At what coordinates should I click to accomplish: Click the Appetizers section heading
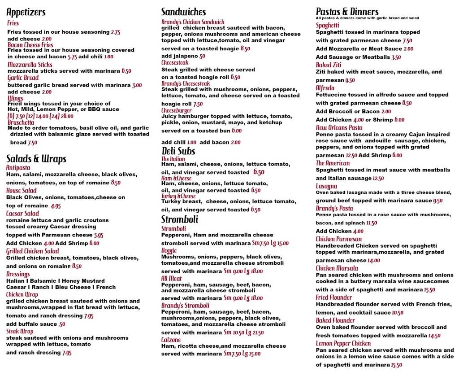click(26, 12)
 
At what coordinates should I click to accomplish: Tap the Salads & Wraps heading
click(36, 159)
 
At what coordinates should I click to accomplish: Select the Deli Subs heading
click(178, 151)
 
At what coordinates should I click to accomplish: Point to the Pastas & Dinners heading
click(347, 12)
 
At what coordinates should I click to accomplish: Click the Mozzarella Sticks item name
click(30, 65)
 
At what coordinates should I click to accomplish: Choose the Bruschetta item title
click(21, 122)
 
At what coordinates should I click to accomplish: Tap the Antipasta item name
click(18, 168)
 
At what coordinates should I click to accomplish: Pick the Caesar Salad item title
click(22, 214)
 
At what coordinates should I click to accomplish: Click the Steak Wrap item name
click(19, 331)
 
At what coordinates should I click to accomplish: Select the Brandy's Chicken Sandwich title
click(193, 22)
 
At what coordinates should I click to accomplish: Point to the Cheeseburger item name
click(177, 110)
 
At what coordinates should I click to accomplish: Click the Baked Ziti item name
click(329, 65)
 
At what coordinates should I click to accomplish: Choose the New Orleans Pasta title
click(339, 127)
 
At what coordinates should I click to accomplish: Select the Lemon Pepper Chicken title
click(343, 344)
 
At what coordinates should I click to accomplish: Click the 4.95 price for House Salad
click(56, 206)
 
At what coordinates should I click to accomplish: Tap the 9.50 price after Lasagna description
click(437, 201)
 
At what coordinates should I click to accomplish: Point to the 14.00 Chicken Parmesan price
click(373, 260)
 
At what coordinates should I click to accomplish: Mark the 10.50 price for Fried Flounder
click(397, 313)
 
